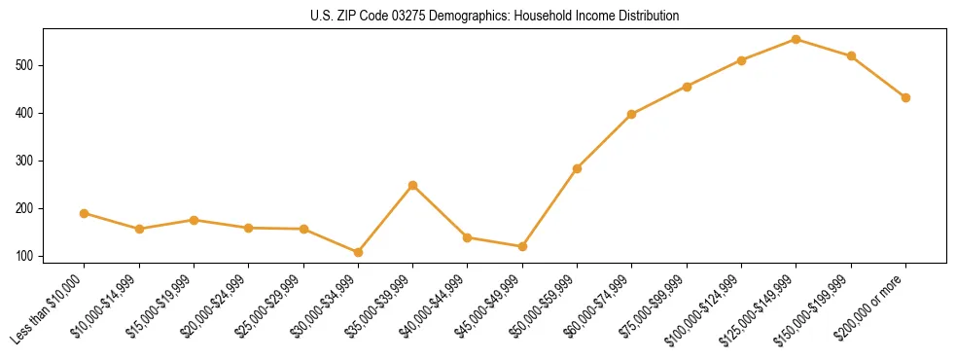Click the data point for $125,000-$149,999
pyautogui.click(x=797, y=39)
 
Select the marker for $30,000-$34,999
pyautogui.click(x=358, y=252)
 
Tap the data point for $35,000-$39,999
pyautogui.click(x=412, y=185)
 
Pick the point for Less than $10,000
pyautogui.click(x=85, y=213)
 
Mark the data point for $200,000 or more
pyautogui.click(x=905, y=97)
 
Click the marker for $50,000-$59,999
pyautogui.click(x=577, y=168)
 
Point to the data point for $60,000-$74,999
pyautogui.click(x=632, y=114)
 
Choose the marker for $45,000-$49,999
pyautogui.click(x=522, y=246)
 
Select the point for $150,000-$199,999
pyautogui.click(x=851, y=55)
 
